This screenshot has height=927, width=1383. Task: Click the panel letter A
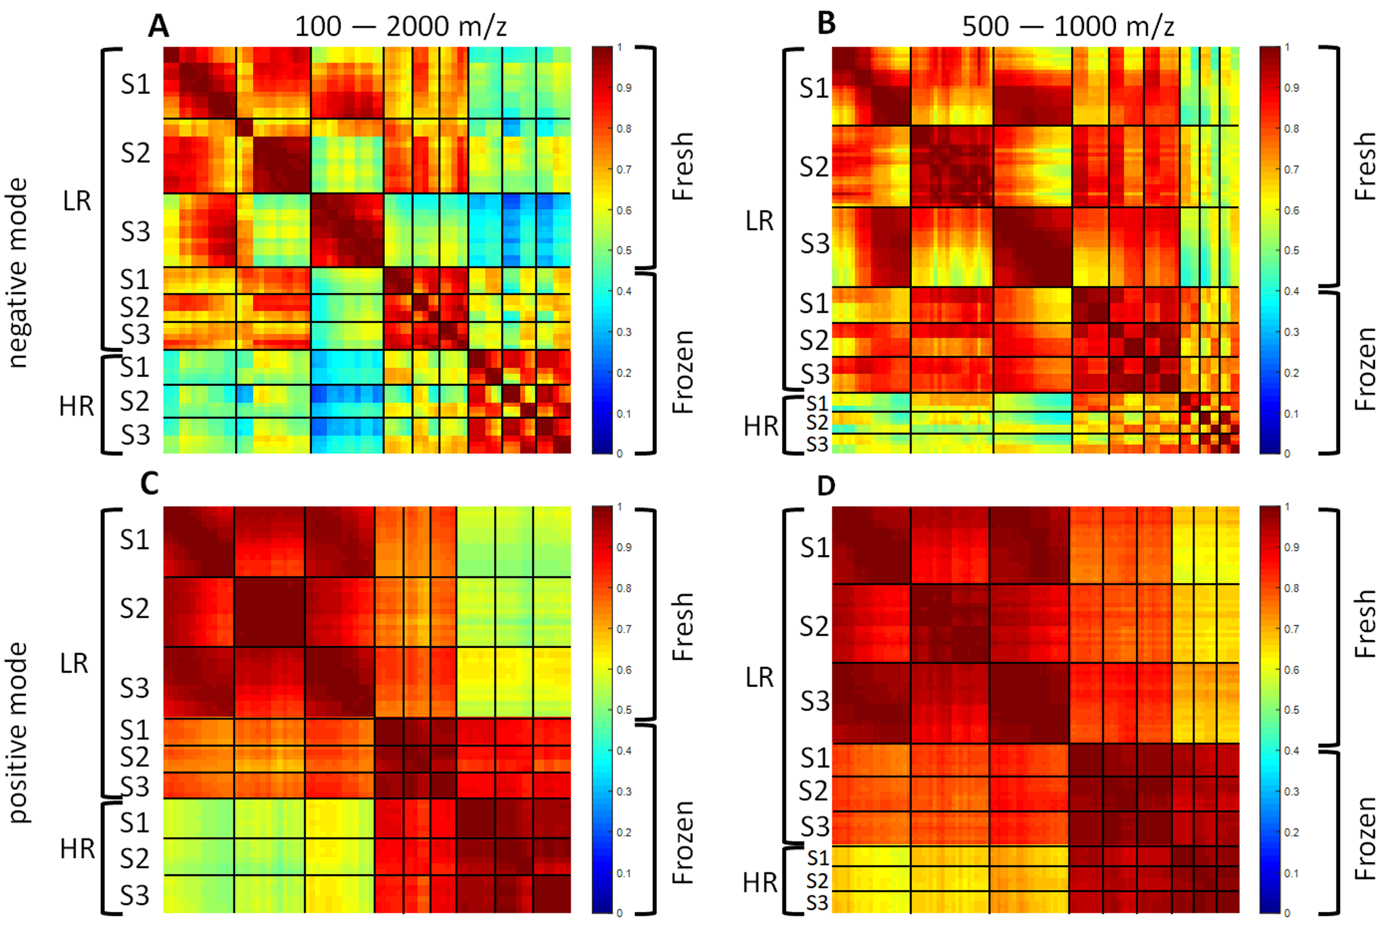point(158,26)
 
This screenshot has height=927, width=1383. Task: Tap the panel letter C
point(150,484)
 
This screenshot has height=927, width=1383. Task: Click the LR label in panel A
point(77,202)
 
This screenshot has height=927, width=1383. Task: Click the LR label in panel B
point(759,221)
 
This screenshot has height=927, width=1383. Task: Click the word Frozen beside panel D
point(1365,838)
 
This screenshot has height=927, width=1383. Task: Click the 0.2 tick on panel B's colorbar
point(1291,373)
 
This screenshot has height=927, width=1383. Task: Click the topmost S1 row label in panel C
point(135,540)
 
